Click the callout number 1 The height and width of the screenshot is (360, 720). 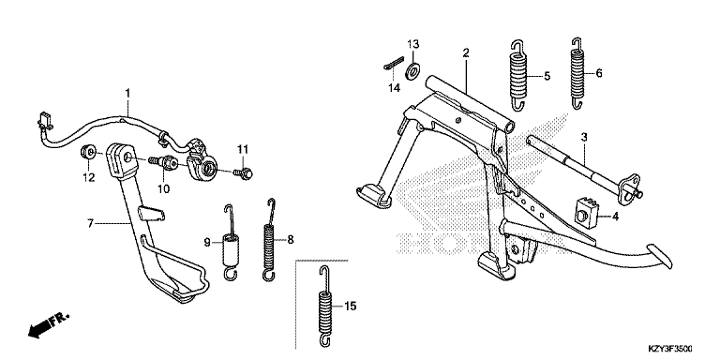click(128, 93)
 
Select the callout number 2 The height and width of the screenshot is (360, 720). click(466, 52)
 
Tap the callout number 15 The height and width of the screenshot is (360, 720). click(350, 307)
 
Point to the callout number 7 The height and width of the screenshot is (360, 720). click(90, 224)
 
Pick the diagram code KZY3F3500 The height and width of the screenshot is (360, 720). click(670, 349)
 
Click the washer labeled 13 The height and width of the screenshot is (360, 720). click(413, 69)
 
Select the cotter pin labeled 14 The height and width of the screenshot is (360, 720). click(394, 63)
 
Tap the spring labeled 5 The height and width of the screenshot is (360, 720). click(518, 76)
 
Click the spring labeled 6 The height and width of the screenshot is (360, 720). click(578, 73)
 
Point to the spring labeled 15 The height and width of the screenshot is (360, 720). click(325, 307)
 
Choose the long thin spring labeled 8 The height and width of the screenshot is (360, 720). click(270, 240)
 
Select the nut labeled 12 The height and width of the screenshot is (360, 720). click(88, 151)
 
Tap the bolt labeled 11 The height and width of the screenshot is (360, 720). click(245, 173)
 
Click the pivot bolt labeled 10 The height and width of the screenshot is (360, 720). click(163, 162)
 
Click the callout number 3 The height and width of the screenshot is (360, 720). click(584, 137)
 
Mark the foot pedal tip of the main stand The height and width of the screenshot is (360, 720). click(660, 256)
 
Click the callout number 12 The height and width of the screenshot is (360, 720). click(89, 177)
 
